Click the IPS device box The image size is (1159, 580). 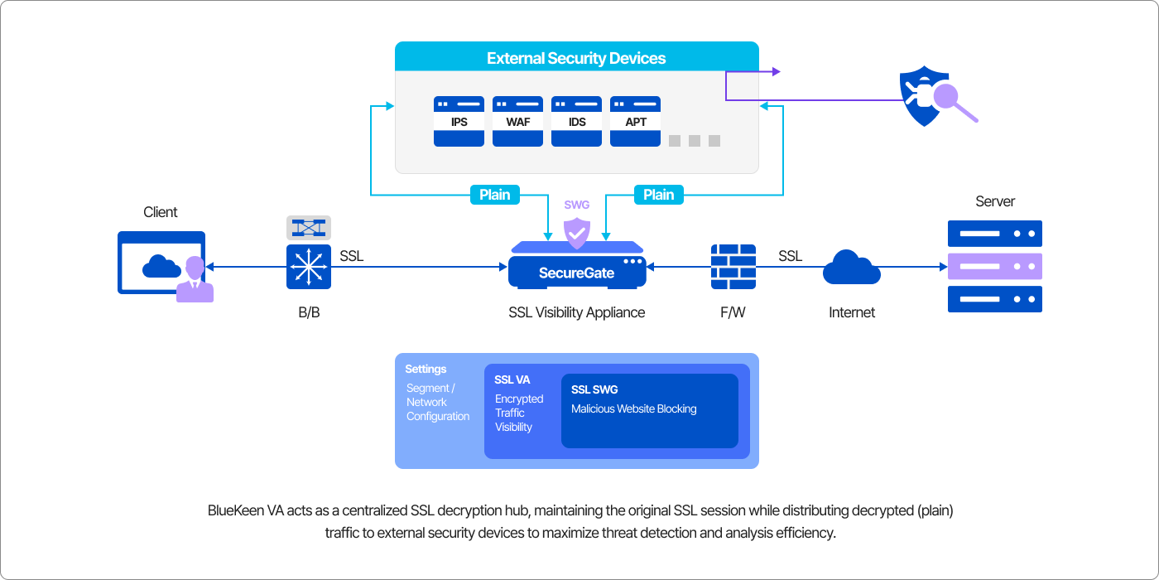tap(459, 121)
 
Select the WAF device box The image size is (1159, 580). tap(517, 121)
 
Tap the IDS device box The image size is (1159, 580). tap(577, 121)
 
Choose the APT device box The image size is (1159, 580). tap(635, 121)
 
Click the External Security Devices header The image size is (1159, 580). tap(576, 58)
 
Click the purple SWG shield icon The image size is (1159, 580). tap(576, 233)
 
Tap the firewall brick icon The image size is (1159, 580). tap(733, 266)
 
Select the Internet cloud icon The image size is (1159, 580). tap(851, 267)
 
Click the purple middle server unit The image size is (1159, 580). tap(994, 266)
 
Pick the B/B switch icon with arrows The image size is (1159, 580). tap(309, 267)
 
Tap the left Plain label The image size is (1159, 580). tap(495, 195)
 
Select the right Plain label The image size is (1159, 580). tap(658, 195)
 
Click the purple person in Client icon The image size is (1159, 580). tap(195, 280)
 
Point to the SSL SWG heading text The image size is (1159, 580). tap(594, 389)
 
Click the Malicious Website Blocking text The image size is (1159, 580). tap(633, 408)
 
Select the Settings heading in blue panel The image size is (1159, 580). tap(426, 369)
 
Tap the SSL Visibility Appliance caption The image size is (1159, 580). tap(576, 312)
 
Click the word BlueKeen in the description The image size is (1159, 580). tap(233, 510)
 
